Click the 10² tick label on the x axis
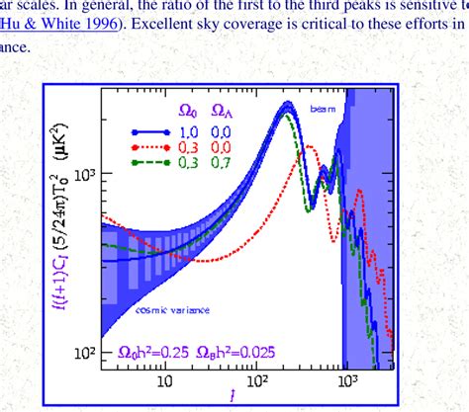pos(260,379)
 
